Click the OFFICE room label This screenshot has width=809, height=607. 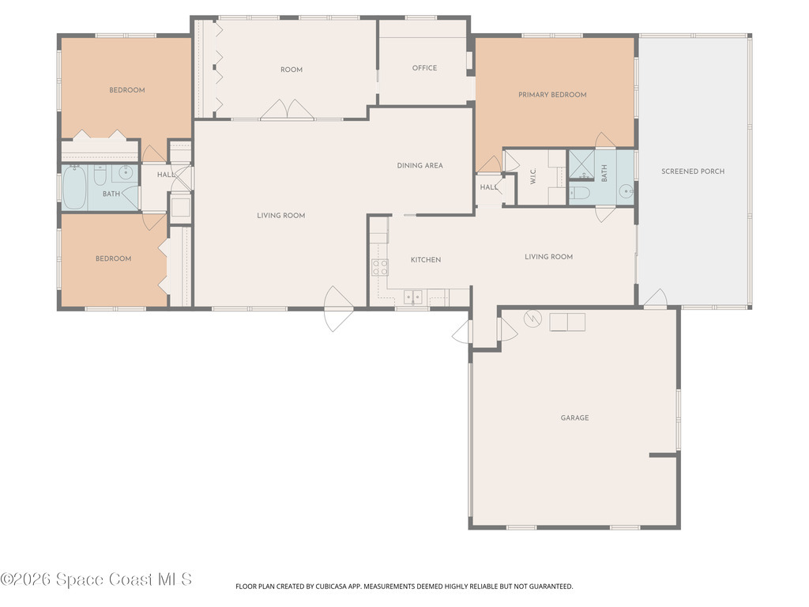424,68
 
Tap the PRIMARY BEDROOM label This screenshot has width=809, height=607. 552,95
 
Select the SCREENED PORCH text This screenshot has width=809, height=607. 693,172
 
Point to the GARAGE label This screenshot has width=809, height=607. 574,418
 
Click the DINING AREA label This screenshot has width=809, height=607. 420,166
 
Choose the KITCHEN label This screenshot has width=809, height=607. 425,260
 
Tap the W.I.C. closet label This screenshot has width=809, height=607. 533,179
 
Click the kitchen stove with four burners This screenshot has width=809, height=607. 380,267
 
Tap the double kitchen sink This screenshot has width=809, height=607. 413,297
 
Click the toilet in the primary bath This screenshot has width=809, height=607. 579,193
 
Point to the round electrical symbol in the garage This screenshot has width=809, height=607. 532,319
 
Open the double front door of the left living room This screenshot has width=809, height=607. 335,308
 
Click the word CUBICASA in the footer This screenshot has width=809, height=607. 341,586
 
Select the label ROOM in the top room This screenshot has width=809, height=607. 292,70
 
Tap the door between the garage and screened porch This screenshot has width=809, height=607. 655,299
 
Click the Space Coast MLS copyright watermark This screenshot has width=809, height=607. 96,579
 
